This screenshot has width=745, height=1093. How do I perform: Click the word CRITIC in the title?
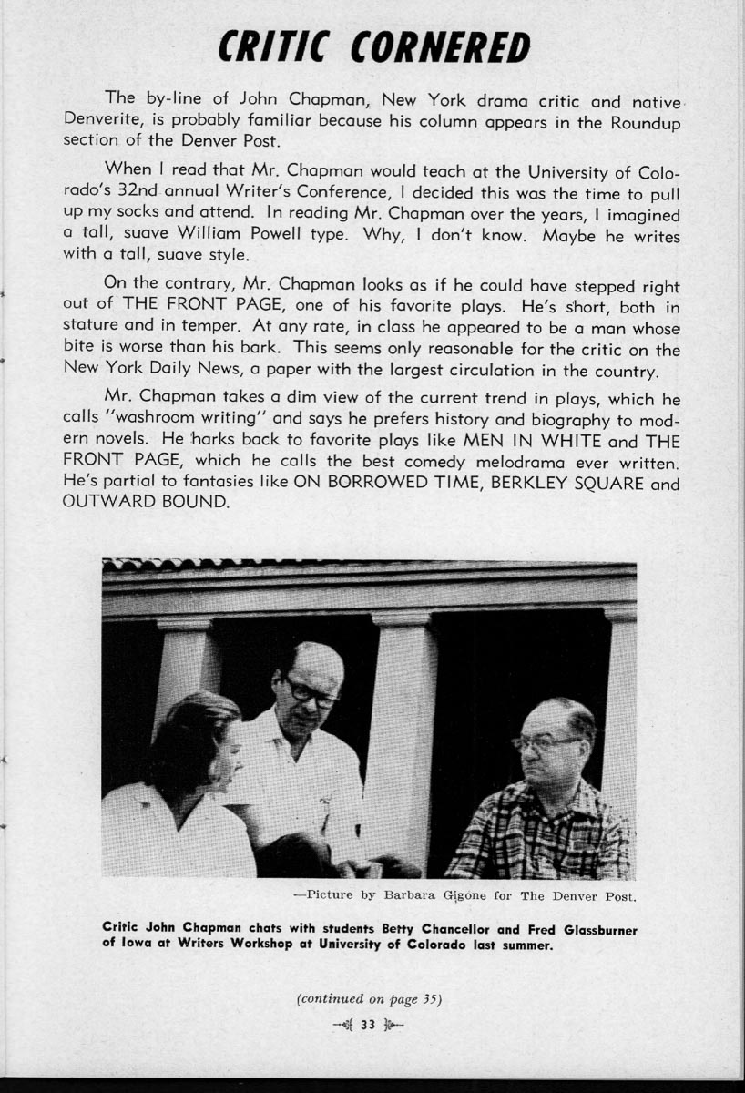pyautogui.click(x=272, y=46)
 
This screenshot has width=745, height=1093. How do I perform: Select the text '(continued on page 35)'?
pyautogui.click(x=369, y=999)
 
